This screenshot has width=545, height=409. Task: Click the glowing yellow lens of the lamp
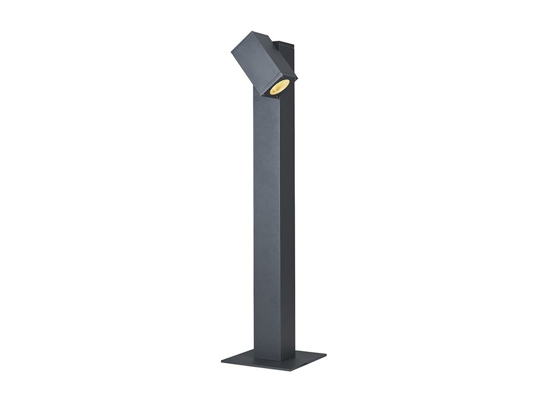279,87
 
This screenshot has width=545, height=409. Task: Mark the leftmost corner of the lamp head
231,52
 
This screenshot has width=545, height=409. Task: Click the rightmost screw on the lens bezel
293,80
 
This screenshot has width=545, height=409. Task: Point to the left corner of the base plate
222,360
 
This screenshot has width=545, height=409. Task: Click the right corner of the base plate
325,354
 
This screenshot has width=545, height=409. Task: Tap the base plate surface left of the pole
240,360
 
